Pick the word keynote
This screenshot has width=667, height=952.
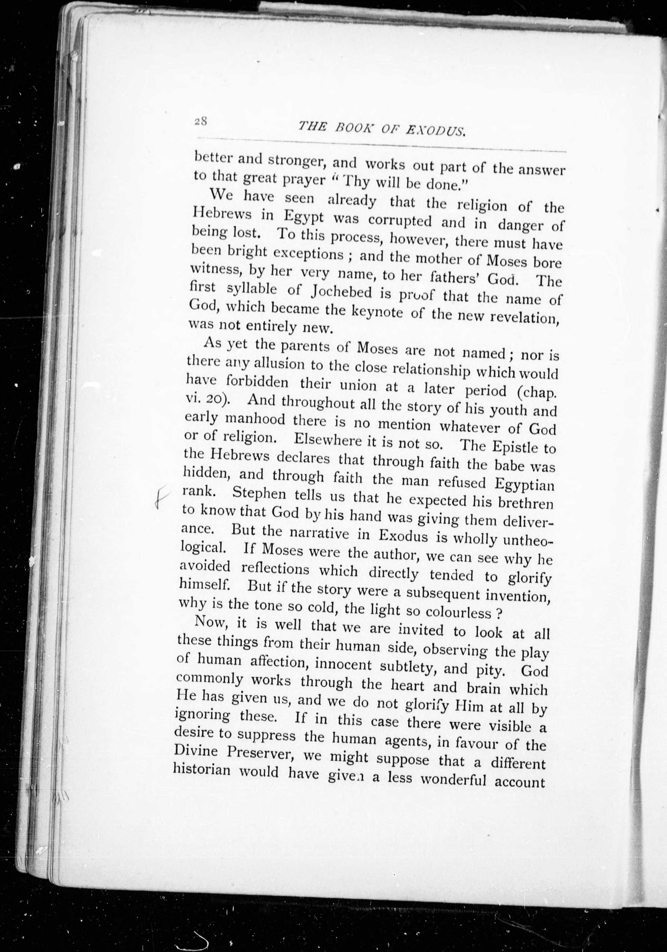[x=377, y=311]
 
